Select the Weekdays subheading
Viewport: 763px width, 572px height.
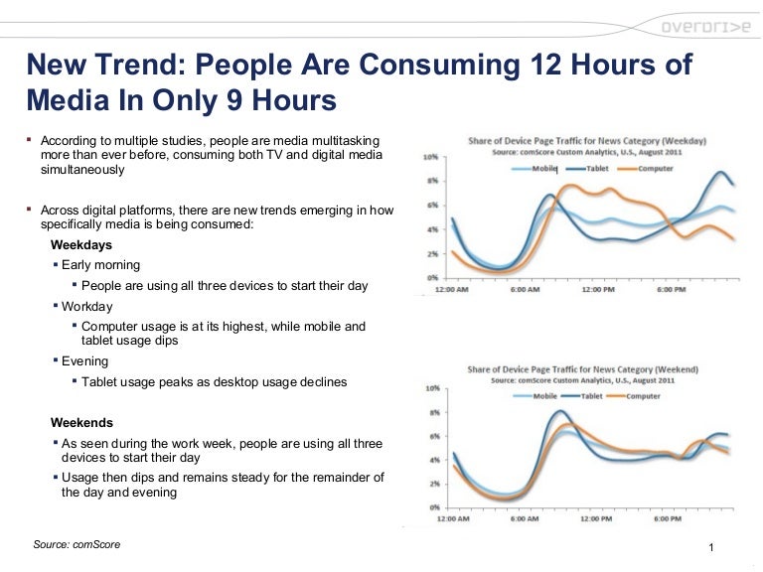81,244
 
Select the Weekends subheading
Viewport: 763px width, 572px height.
82,422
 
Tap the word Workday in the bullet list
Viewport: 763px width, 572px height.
87,307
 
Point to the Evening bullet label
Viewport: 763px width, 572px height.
85,361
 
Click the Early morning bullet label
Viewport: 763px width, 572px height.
100,265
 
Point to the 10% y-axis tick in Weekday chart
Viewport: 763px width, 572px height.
431,158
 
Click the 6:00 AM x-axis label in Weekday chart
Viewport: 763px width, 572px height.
525,292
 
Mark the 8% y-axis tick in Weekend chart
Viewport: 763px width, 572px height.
432,411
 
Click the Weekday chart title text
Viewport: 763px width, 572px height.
587,141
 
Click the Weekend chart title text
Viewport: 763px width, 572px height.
583,369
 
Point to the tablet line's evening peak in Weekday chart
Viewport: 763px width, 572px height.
721,173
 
